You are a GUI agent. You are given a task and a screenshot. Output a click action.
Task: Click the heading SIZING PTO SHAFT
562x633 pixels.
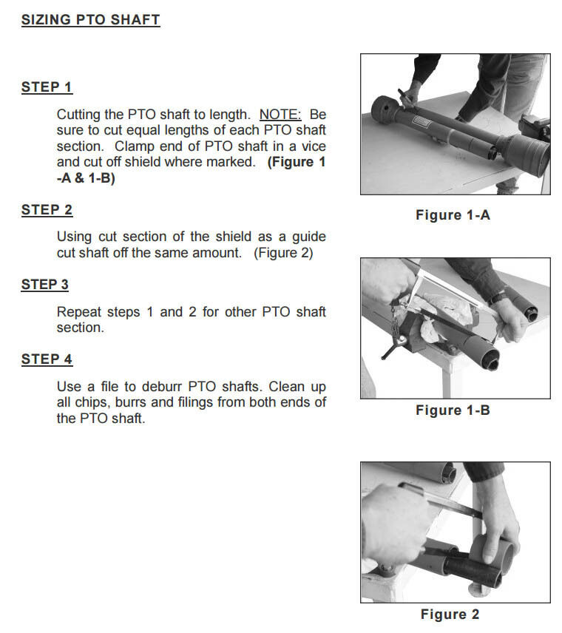(x=90, y=20)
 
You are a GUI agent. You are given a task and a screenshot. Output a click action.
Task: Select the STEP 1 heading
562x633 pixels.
(x=47, y=87)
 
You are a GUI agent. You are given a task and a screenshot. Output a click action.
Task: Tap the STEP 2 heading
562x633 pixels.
(x=47, y=210)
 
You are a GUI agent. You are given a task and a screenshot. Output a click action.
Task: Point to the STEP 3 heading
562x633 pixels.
(x=45, y=285)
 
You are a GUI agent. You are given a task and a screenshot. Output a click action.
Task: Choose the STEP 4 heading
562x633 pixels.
(x=47, y=359)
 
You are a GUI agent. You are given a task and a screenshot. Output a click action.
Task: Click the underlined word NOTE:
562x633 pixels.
(x=280, y=115)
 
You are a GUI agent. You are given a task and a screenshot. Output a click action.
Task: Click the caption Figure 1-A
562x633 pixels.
(x=453, y=214)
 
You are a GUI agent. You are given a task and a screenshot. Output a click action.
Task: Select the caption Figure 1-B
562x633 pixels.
(x=453, y=410)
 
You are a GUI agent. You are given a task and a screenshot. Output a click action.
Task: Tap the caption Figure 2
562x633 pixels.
(x=450, y=615)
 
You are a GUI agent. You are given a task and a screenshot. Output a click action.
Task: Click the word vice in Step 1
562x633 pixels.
(x=314, y=146)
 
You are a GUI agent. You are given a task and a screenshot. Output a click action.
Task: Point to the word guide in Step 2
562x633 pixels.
(x=309, y=237)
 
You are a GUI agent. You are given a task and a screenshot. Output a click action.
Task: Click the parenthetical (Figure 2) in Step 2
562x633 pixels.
(x=283, y=253)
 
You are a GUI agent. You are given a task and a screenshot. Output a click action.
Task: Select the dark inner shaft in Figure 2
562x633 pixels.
(x=471, y=569)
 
